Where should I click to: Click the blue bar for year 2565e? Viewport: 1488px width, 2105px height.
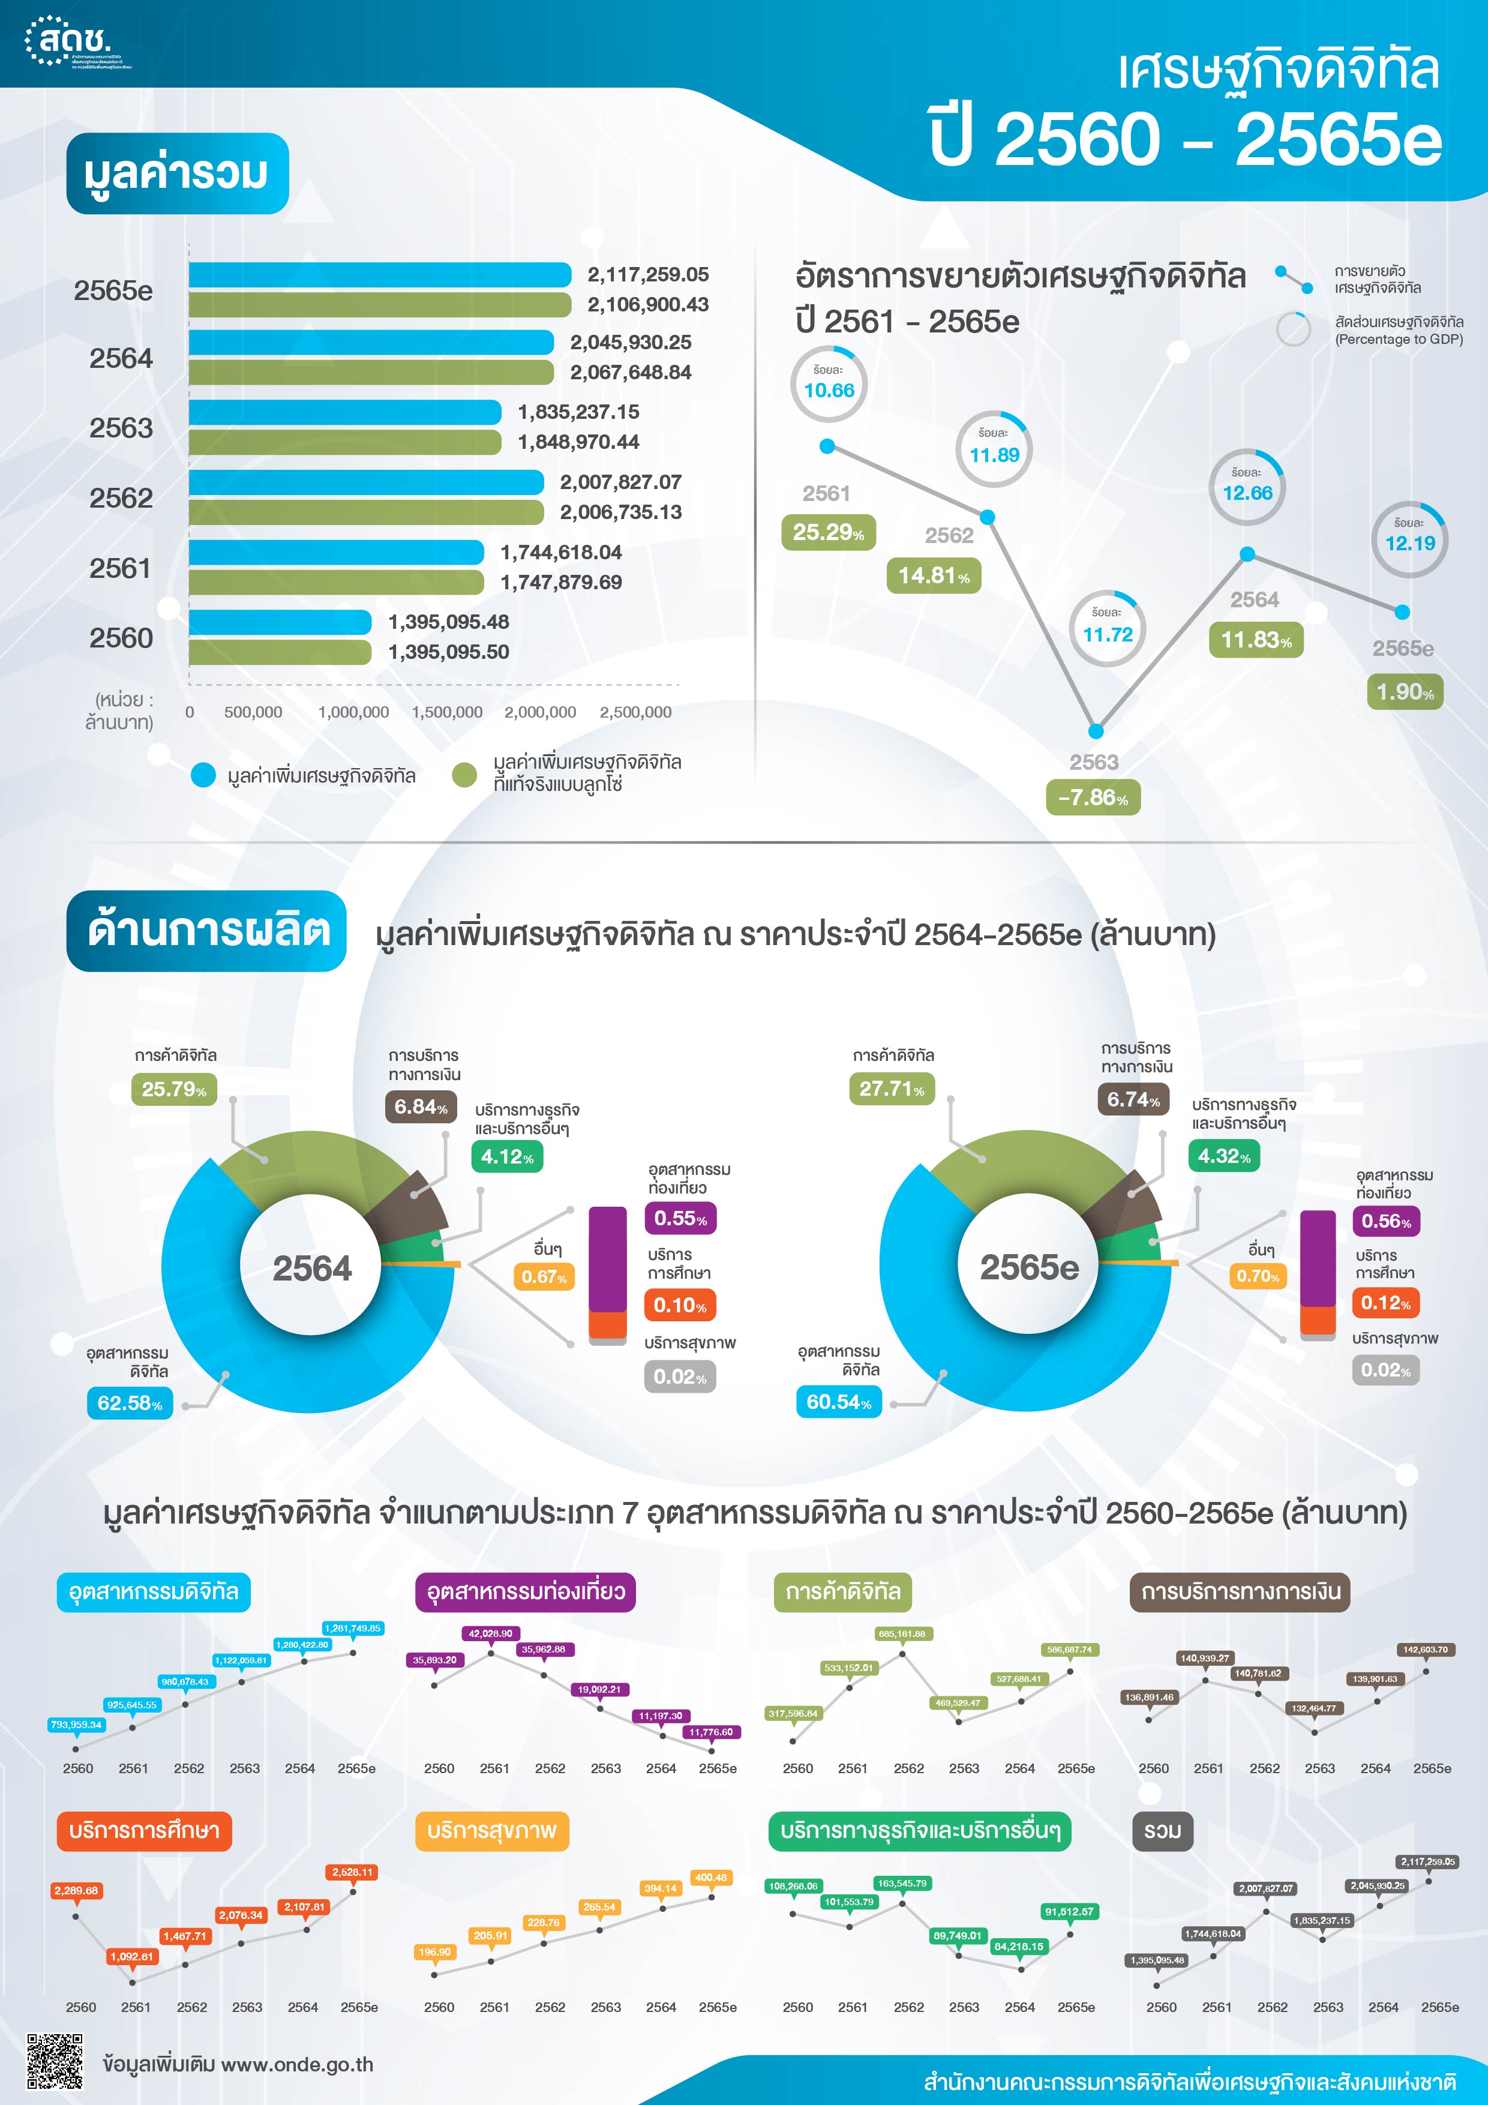[380, 274]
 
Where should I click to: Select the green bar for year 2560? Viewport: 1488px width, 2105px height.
[280, 652]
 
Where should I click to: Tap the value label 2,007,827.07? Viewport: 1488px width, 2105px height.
[620, 482]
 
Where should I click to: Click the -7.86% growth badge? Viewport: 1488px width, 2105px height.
[1093, 797]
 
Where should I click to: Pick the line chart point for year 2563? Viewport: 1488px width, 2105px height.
[1096, 731]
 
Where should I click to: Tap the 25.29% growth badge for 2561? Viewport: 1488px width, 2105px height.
[828, 533]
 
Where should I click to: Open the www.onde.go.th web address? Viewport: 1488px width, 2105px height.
[297, 2065]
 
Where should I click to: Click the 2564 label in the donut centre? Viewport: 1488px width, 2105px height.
[312, 1269]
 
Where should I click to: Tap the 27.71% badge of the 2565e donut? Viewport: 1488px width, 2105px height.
[891, 1089]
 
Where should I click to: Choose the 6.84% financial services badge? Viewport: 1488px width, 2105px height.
[421, 1107]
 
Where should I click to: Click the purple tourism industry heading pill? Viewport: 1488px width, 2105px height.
[526, 1591]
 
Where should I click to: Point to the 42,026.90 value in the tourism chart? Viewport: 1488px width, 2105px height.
[490, 1634]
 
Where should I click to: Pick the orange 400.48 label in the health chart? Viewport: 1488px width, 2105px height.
[710, 1878]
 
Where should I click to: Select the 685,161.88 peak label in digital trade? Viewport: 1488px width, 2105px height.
[901, 1634]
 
